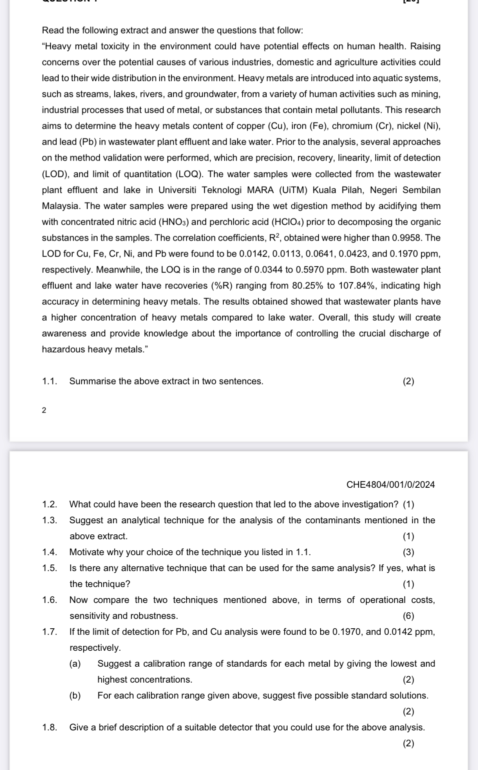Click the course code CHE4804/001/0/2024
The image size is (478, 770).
pos(390,485)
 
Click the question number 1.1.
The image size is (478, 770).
pos(49,381)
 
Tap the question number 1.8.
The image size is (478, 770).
pos(49,727)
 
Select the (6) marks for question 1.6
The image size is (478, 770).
pos(408,616)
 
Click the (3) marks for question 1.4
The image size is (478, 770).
pos(408,552)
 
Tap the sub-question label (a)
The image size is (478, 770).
pos(75,663)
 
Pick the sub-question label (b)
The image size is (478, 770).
pos(75,695)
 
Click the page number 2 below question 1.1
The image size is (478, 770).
pos(44,410)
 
